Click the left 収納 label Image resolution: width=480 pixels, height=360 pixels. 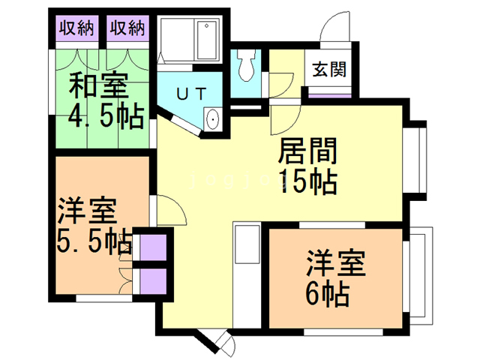(77, 28)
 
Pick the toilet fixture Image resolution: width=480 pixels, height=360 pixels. (245, 67)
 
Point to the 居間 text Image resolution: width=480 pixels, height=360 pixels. (307, 152)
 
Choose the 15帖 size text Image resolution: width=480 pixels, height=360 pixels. (307, 182)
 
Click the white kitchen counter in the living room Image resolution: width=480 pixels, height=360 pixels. (244, 254)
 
